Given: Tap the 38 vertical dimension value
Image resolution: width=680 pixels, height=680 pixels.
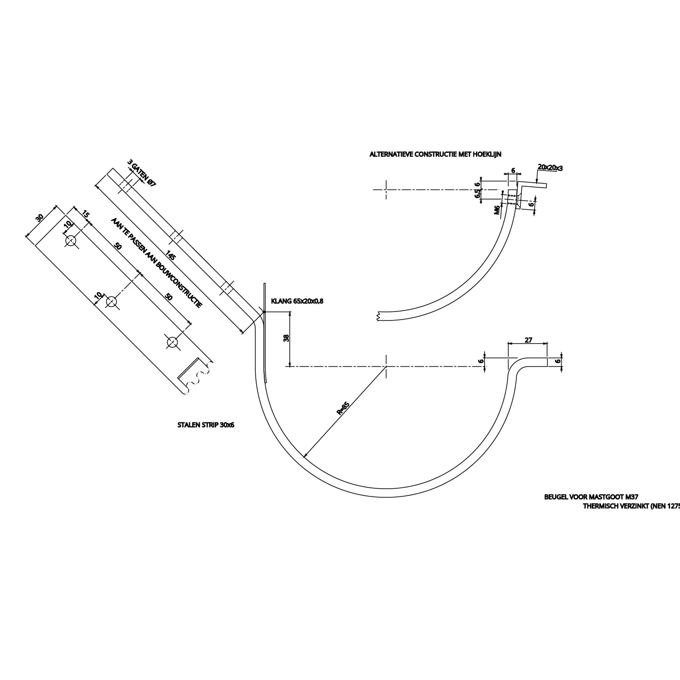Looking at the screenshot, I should tap(286, 338).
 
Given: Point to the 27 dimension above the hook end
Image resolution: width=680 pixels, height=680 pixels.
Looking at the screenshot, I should tap(528, 340).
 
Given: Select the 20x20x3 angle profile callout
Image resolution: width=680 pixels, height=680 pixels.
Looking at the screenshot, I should tap(550, 167).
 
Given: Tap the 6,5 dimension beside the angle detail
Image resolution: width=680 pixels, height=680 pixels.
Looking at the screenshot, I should tap(477, 194).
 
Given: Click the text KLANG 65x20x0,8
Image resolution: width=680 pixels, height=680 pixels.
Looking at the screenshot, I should tap(297, 301).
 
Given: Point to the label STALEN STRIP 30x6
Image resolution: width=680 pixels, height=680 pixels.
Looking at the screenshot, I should tap(205, 425).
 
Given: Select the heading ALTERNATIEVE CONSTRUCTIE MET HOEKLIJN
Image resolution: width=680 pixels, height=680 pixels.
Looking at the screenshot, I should tap(435, 155).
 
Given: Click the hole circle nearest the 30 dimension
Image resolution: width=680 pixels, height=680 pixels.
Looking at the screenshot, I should tap(71, 241).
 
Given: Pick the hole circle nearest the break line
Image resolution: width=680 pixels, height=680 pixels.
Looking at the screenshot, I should tap(172, 342).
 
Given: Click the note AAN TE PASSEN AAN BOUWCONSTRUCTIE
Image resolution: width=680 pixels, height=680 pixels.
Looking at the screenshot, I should tap(156, 262).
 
